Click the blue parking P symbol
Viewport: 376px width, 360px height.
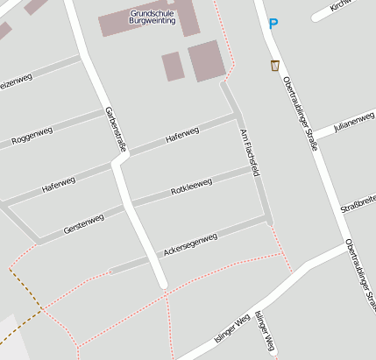click(273, 25)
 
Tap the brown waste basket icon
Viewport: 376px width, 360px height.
click(275, 65)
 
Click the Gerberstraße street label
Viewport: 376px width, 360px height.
click(116, 129)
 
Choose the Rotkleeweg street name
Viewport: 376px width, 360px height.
click(191, 186)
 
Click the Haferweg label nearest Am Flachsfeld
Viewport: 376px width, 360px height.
click(182, 135)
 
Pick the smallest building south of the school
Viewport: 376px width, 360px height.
click(172, 67)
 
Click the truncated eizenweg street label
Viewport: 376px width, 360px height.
click(15, 82)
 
